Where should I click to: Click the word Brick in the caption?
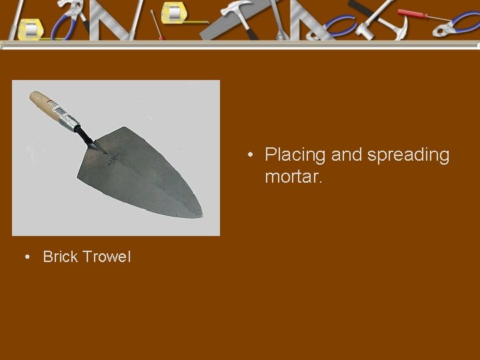[x=61, y=257]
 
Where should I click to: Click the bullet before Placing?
[x=249, y=156]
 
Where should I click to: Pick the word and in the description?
[x=346, y=155]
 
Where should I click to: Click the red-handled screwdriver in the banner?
[x=413, y=14]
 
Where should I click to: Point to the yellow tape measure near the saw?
[x=175, y=14]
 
